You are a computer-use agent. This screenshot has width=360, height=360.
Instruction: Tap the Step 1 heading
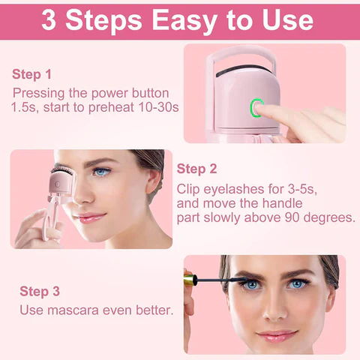pyautogui.click(x=32, y=74)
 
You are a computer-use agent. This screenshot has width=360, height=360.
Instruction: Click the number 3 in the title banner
pyautogui.click(x=52, y=19)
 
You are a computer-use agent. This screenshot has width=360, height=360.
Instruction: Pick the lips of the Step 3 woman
pyautogui.click(x=277, y=333)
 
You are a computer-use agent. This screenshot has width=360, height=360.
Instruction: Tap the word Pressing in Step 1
pyautogui.click(x=38, y=93)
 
